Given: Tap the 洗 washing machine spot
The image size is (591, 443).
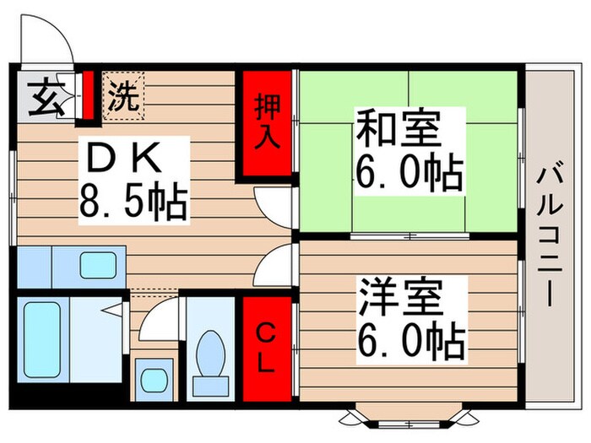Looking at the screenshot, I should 124,95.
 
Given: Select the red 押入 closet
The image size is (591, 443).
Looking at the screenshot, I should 267,123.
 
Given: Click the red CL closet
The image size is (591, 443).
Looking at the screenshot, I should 266,348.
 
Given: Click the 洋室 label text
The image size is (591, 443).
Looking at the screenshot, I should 399,296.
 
